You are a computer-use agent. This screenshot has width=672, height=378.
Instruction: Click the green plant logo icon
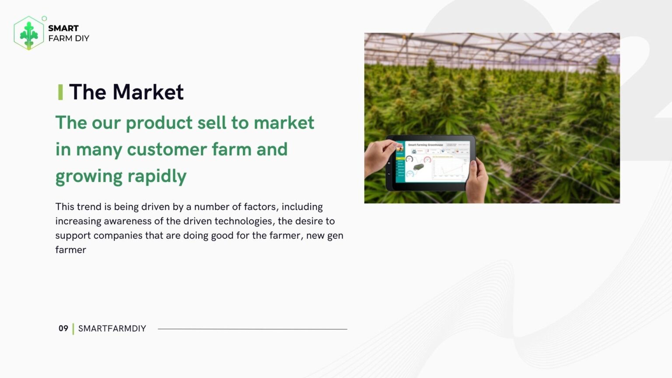coord(29,33)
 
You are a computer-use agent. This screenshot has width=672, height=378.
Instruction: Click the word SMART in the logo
coord(63,28)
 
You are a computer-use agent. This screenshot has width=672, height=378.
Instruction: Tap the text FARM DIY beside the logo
coord(69,38)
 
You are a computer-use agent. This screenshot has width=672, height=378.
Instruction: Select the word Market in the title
coord(148,92)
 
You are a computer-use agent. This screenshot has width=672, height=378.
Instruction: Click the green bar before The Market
coord(60,92)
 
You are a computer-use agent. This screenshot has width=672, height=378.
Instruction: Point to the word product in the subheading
coord(159,123)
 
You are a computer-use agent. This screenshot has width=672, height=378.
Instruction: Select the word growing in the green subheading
coord(89,176)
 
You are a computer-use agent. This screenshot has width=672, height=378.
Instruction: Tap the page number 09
coord(63,328)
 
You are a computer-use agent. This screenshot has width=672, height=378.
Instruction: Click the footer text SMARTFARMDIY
coord(112,329)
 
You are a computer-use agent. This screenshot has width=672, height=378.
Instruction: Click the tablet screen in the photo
coord(433,162)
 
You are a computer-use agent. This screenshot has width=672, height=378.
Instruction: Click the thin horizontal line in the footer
coord(252,329)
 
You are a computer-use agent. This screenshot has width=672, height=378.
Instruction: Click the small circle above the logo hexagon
coord(44,18)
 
